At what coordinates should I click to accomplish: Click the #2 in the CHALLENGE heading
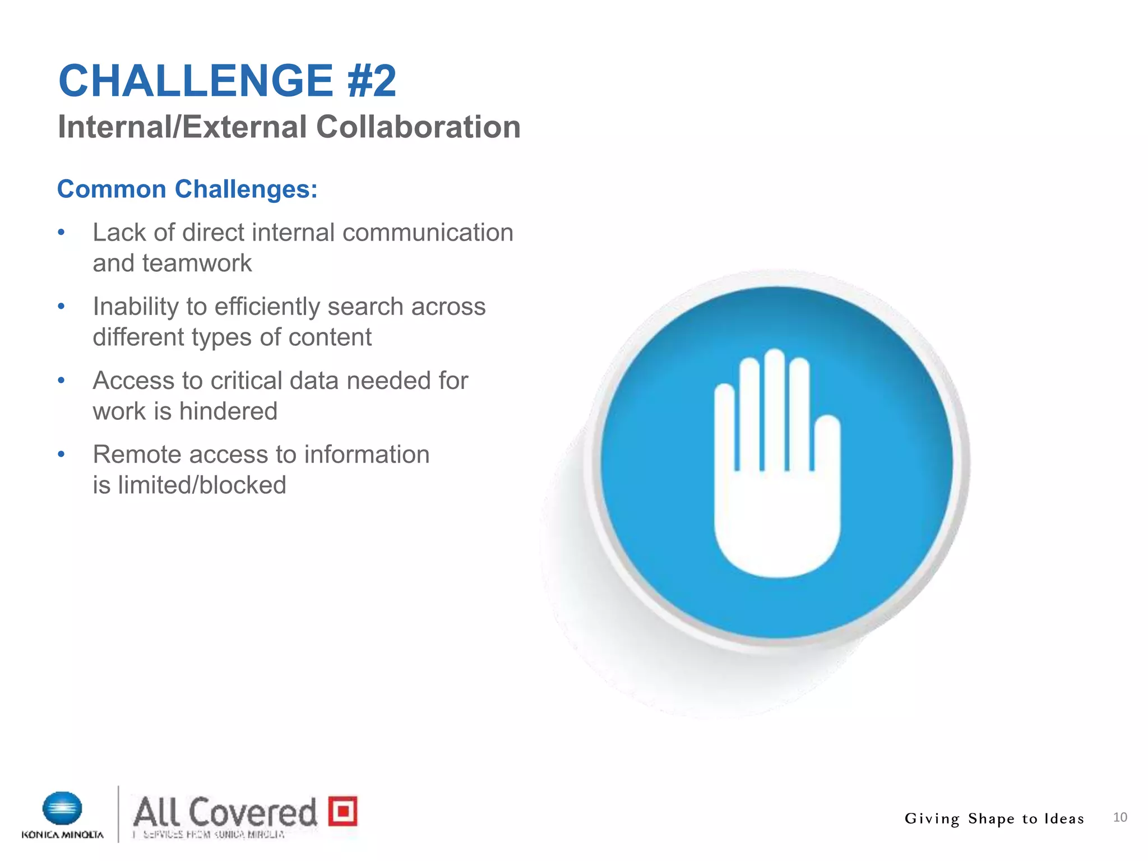pyautogui.click(x=372, y=81)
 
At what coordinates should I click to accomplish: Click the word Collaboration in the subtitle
pyautogui.click(x=418, y=127)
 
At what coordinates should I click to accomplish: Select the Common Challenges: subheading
pyautogui.click(x=187, y=189)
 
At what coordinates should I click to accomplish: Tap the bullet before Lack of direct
pyautogui.click(x=62, y=233)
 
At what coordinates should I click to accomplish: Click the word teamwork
pyautogui.click(x=197, y=263)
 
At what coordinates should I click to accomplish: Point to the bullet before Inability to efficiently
pyautogui.click(x=62, y=307)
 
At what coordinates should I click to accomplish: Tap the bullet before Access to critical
pyautogui.click(x=62, y=381)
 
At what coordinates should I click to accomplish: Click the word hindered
pyautogui.click(x=228, y=411)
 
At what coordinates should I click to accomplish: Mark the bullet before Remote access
pyautogui.click(x=62, y=455)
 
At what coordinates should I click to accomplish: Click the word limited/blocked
pyautogui.click(x=202, y=485)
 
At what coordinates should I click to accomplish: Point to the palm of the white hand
pyautogui.click(x=776, y=527)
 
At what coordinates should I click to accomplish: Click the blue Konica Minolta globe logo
pyautogui.click(x=62, y=809)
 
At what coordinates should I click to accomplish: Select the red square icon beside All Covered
pyautogui.click(x=342, y=811)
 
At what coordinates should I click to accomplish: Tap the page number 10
pyautogui.click(x=1119, y=817)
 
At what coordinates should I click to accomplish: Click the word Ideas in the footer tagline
pyautogui.click(x=1063, y=819)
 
